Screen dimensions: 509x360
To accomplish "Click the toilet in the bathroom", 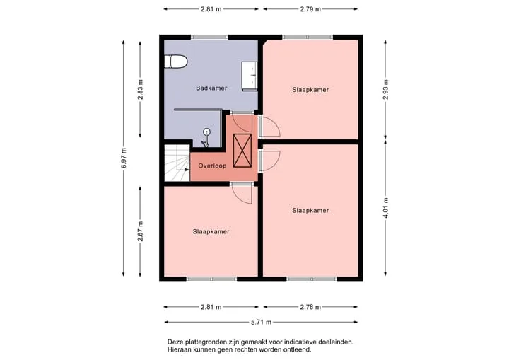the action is point(175,62).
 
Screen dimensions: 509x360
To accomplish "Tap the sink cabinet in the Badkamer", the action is point(250,76).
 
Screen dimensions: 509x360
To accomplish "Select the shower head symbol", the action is point(206,137).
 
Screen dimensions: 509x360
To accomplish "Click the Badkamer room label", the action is point(211,88).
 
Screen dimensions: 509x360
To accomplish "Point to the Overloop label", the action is point(212,166).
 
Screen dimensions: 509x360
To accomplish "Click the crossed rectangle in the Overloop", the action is point(242,151).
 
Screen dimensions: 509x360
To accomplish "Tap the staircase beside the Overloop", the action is point(177,163).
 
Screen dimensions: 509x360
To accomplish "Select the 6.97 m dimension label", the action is point(124,158).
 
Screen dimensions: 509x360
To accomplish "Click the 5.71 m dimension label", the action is point(262,323).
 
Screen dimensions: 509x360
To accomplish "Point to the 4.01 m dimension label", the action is point(386,208).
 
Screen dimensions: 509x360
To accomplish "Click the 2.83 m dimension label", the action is point(140,90).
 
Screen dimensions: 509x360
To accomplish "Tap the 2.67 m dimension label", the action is point(140,231).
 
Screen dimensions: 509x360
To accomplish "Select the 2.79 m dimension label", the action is point(310,9).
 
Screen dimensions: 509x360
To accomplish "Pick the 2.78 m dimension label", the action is point(310,307).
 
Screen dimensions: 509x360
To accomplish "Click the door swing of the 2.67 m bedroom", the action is point(242,194).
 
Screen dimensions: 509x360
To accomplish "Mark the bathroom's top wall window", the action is point(209,37).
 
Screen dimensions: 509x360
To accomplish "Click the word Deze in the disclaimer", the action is point(175,342).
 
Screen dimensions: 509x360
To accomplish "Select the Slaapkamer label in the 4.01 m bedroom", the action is point(310,211).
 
